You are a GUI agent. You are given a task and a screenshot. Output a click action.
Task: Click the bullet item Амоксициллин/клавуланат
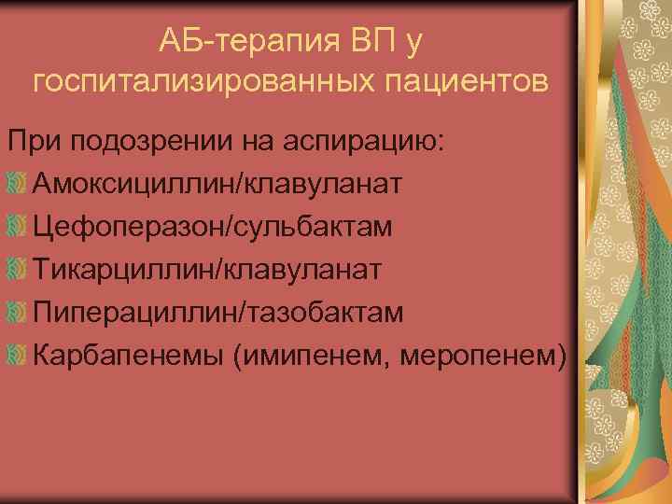point(217,183)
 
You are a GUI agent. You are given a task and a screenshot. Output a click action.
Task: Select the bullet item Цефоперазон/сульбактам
point(211,226)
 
